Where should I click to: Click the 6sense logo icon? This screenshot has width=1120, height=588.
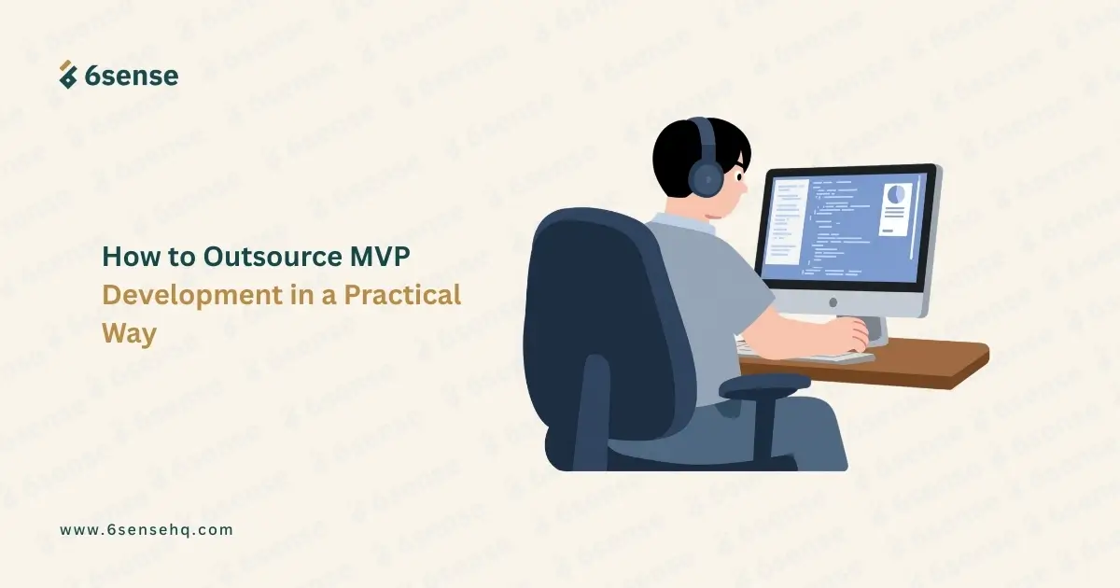coord(68,75)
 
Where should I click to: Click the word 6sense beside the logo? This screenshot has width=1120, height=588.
coord(132,76)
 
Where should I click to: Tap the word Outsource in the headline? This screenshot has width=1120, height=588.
coord(273,256)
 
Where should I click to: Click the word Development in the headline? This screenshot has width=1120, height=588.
coord(192,296)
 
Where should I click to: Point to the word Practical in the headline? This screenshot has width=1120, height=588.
coord(402,295)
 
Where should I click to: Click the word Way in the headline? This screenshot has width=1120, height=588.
coord(130,333)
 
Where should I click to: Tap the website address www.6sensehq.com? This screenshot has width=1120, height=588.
coord(147,529)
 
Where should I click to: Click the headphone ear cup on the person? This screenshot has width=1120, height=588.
coord(707,177)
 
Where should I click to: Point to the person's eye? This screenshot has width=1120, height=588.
coord(739,176)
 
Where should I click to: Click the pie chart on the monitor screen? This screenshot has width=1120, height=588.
coord(895,193)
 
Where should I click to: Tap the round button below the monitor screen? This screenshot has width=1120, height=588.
coord(833,302)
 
